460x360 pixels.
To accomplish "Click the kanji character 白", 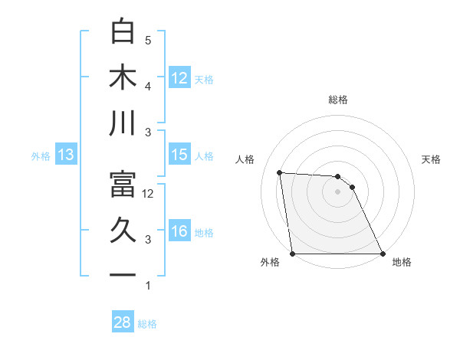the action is coord(123,31).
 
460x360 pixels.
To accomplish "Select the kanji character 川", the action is coord(123,123).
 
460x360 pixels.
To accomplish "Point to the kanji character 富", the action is coord(123,185).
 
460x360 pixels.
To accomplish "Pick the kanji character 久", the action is coord(123,231).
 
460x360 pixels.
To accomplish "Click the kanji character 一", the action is coord(123,274).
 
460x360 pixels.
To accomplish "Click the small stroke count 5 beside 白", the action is coord(148,41).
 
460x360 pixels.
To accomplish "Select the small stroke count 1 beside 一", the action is coord(148,286).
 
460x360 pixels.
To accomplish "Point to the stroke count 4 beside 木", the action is coord(148,87).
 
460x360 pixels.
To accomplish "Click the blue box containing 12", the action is coord(179,77).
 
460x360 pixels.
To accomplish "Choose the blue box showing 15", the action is coord(179,155).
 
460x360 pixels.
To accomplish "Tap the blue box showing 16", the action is coord(179,231).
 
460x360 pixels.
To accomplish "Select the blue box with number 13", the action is coord(66,155).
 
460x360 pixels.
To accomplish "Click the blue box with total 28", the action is coord(123,322).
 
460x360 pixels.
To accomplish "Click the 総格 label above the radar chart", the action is coord(337,100).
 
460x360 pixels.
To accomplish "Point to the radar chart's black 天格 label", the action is coord(431,159).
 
